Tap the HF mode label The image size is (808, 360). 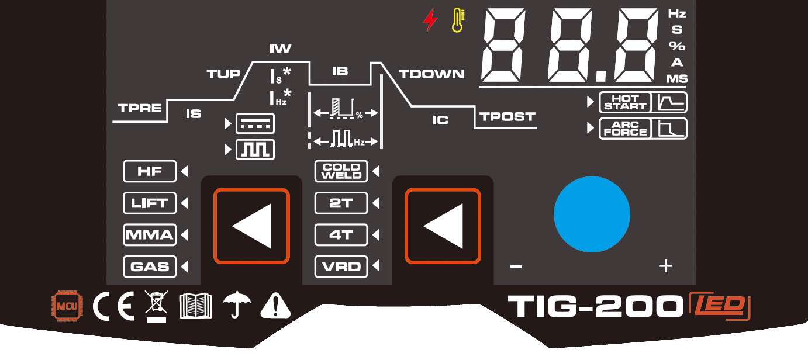149,172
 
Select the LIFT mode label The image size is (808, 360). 149,203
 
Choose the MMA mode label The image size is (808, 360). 149,235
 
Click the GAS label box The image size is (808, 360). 149,266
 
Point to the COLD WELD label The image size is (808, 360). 341,171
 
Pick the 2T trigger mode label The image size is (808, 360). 341,203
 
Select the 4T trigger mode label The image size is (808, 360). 341,235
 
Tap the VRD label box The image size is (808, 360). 341,266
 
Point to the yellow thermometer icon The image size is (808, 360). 457,21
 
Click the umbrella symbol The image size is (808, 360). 237,304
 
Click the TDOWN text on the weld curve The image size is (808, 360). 431,74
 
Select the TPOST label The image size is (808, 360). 507,116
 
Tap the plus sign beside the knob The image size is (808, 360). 665,266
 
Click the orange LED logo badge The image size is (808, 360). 720,305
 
